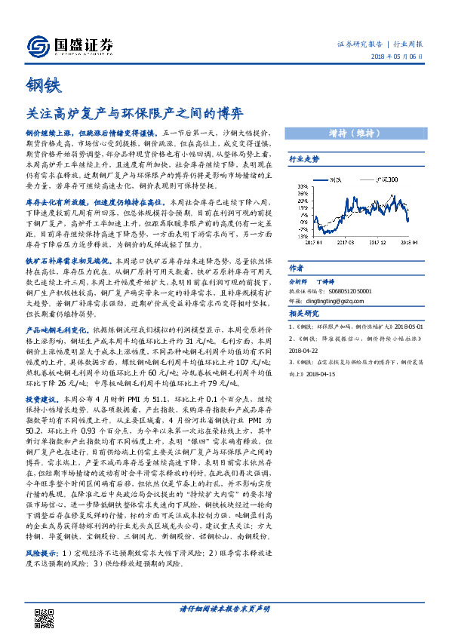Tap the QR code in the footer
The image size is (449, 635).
pyautogui.click(x=45, y=615)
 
